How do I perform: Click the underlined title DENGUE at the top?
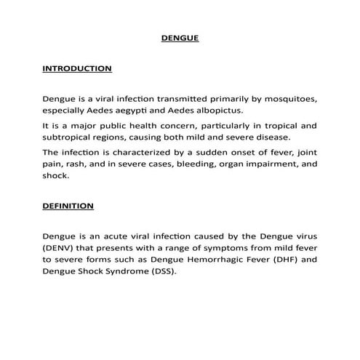pyautogui.click(x=179, y=38)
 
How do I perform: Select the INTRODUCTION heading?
pyautogui.click(x=77, y=68)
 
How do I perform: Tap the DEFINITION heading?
pyautogui.click(x=68, y=206)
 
